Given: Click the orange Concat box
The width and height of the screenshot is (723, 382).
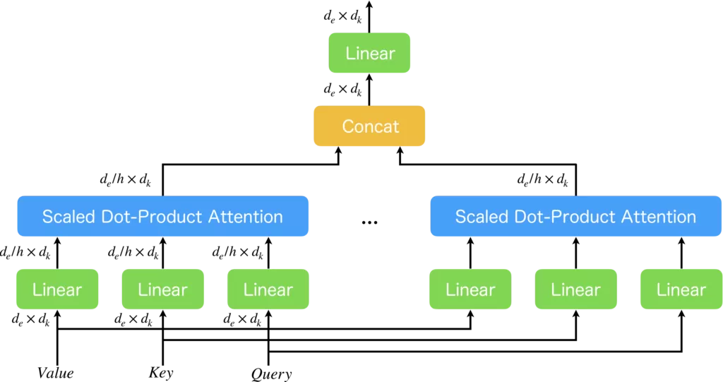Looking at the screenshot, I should pos(370,126).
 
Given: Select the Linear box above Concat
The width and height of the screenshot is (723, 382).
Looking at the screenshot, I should pos(370,53).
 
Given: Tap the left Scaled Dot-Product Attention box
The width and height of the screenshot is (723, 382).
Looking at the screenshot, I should pos(162,216).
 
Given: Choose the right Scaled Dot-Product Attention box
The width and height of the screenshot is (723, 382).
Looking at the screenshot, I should pos(575,216).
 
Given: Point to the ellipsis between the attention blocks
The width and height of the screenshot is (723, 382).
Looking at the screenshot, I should pos(370,222).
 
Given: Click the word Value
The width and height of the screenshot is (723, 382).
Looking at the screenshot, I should pos(56,373).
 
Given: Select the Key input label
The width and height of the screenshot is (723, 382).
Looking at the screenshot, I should pos(162,373).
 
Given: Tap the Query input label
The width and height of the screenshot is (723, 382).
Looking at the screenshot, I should pos(271,374).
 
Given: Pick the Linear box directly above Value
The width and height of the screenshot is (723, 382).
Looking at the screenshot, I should pos(57,290).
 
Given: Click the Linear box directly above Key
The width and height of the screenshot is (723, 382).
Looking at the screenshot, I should pos(163,290).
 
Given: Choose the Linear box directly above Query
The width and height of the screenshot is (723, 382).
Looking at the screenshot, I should pos(269,290).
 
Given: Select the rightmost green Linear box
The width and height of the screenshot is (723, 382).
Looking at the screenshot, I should pos(681,290).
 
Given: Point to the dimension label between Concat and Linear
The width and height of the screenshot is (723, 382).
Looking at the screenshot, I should pos(342,89).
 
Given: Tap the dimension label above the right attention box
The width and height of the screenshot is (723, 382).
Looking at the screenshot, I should pos(542,180).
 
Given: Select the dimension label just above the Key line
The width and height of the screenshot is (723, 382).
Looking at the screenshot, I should pos(133,319).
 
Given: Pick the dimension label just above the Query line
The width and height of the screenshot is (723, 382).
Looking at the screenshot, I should pos(242,319).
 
